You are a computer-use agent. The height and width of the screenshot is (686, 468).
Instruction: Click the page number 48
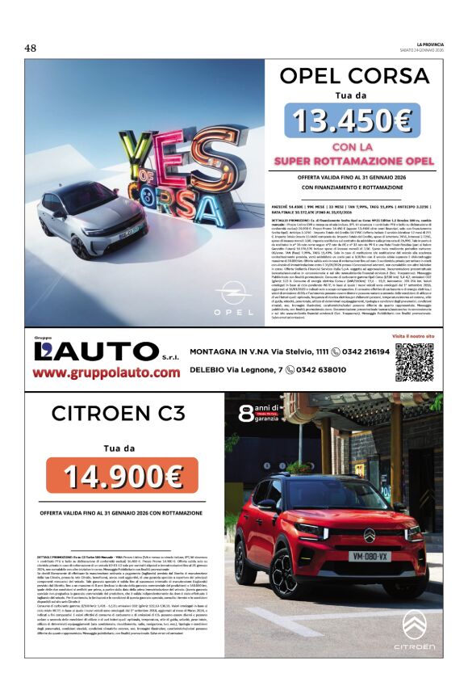coord(31,48)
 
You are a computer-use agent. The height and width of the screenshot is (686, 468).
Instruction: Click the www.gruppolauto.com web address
coord(107,372)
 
